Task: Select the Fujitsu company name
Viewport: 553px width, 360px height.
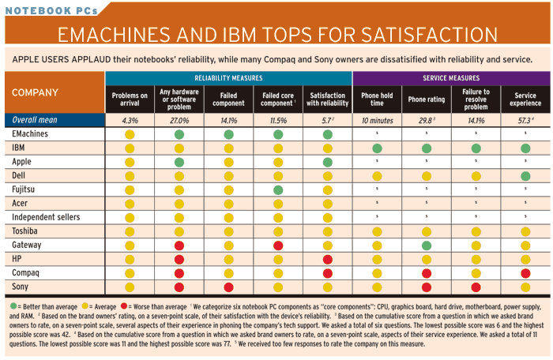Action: tap(27, 189)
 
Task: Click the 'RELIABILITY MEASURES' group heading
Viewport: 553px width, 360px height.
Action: tap(228, 78)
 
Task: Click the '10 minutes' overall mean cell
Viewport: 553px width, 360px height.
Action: tap(377, 121)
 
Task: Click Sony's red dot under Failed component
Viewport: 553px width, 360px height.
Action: tap(228, 287)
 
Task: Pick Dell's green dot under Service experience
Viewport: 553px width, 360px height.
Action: tap(525, 176)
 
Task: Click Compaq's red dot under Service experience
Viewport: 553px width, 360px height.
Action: tap(525, 273)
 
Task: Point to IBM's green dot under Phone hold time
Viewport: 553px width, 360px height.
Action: tap(377, 149)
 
